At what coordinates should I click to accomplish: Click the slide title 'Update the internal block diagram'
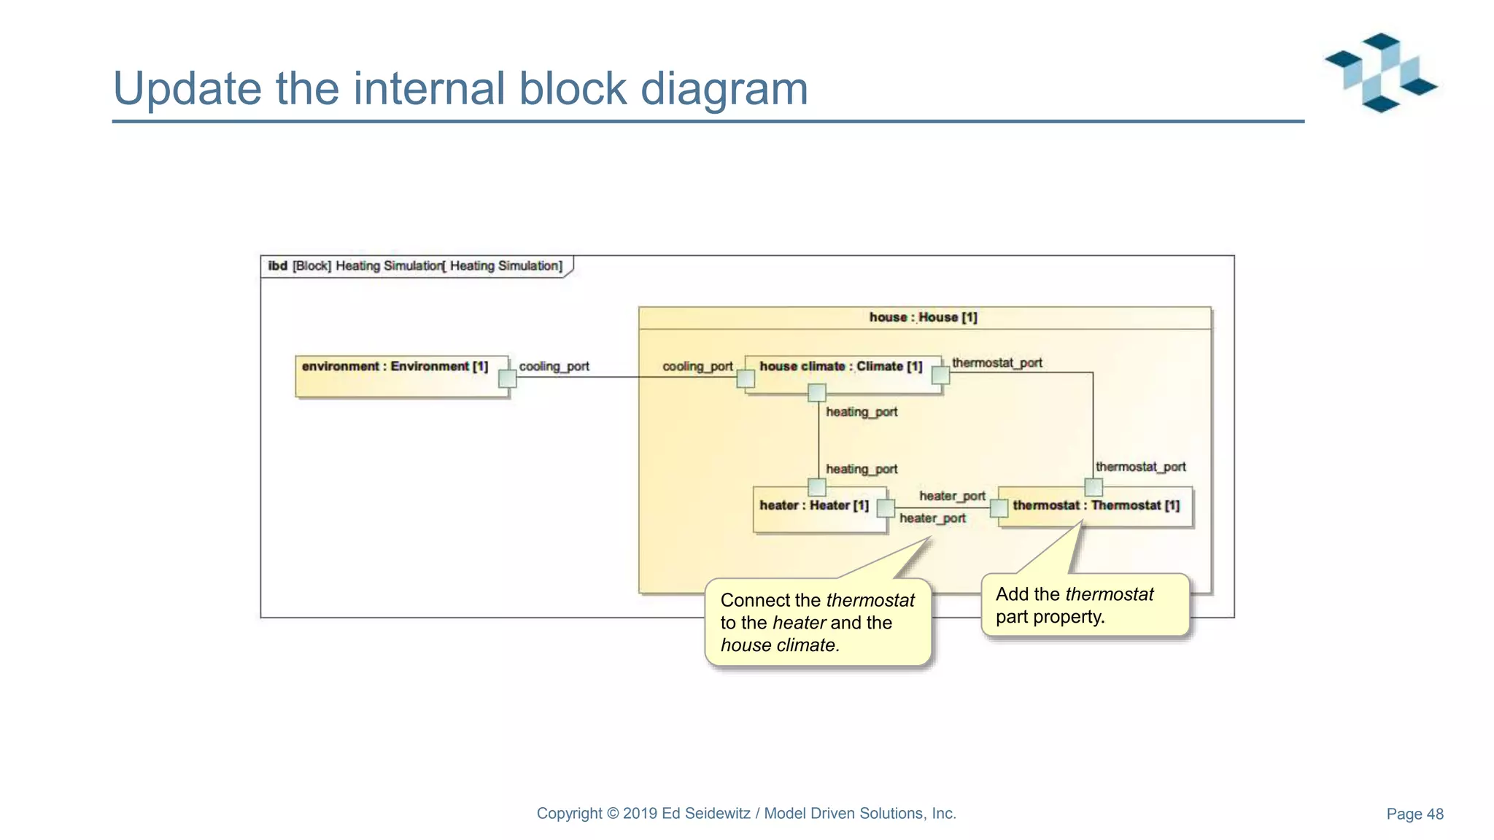[x=460, y=88]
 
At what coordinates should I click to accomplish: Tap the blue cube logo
[x=1381, y=72]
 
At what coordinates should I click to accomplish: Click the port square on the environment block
[x=508, y=378]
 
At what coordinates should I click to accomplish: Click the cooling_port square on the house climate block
[x=746, y=378]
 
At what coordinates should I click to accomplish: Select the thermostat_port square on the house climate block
[x=941, y=375]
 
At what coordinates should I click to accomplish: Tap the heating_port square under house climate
[x=817, y=393]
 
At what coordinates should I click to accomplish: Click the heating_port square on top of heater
[x=817, y=486]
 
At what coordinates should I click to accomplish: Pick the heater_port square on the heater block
[x=886, y=507]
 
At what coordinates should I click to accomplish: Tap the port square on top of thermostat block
[x=1094, y=486]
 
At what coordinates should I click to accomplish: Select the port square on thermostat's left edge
[x=999, y=507]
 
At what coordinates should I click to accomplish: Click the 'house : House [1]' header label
[x=923, y=317]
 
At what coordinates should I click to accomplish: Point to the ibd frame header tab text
[x=415, y=266]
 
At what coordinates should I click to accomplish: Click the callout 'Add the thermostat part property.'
[x=1085, y=605]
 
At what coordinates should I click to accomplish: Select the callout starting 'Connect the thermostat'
[x=817, y=622]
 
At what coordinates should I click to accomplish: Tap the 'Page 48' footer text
[x=1414, y=814]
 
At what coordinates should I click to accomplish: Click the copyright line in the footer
[x=746, y=813]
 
